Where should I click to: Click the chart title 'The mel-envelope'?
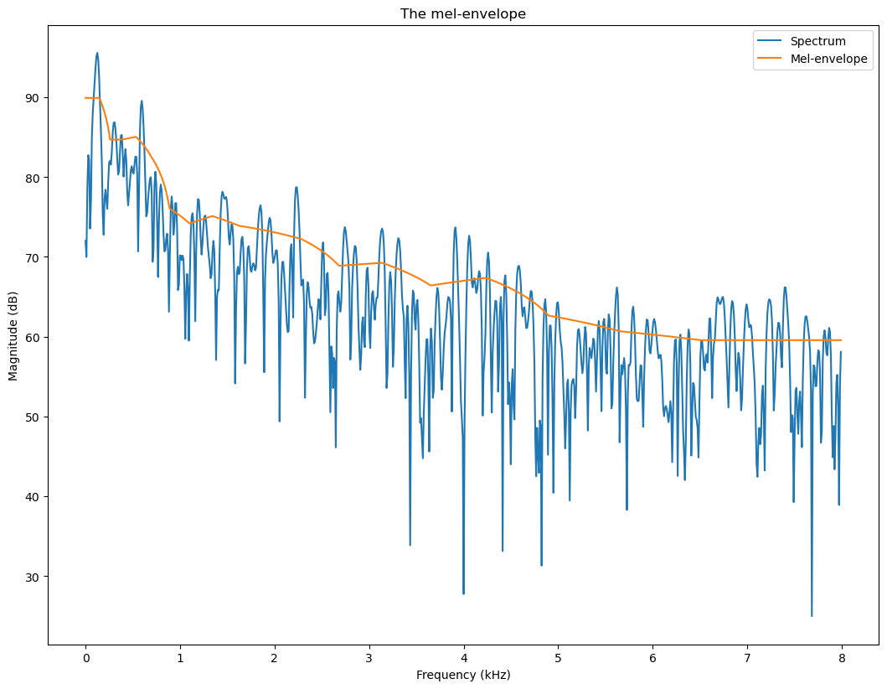tap(462, 13)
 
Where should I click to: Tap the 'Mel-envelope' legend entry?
tap(828, 60)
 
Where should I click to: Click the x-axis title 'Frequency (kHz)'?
tap(463, 674)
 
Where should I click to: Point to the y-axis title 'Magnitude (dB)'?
tap(13, 335)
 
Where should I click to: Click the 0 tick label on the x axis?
tap(85, 659)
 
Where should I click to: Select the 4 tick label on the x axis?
tap(463, 659)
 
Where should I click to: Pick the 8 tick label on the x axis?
tap(842, 659)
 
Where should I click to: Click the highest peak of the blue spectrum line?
tap(97, 54)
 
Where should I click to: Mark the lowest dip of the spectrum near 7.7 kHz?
tap(812, 615)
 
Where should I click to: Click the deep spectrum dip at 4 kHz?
tap(463, 593)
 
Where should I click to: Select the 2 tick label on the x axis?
tap(275, 659)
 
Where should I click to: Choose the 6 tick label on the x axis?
tap(652, 659)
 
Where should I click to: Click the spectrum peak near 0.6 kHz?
tap(142, 101)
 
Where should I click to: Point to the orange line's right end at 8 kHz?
tap(841, 340)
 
